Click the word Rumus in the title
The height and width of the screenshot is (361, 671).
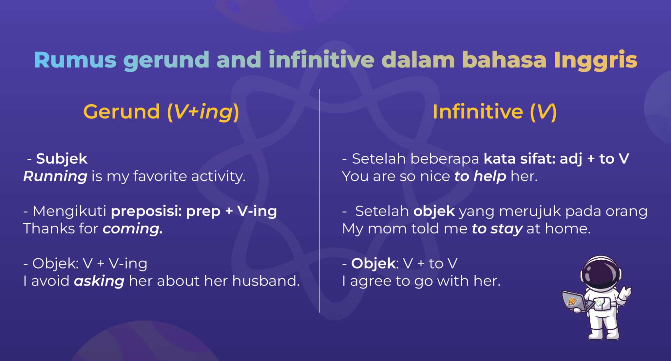point(75,60)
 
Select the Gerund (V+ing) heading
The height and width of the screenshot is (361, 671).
point(161,112)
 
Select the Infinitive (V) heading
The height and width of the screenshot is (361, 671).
point(494,112)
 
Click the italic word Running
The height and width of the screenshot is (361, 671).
point(55,176)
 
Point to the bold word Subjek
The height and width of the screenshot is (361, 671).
point(62,159)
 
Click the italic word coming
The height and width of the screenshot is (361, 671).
point(132,229)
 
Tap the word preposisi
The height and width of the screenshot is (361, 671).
point(146,211)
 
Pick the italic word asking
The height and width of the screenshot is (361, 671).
point(99,281)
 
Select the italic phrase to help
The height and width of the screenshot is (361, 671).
point(480,176)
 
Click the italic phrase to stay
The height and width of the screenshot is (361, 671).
point(497,229)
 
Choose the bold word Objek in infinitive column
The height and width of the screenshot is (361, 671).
point(374,263)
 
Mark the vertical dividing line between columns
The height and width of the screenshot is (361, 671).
point(319,200)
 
